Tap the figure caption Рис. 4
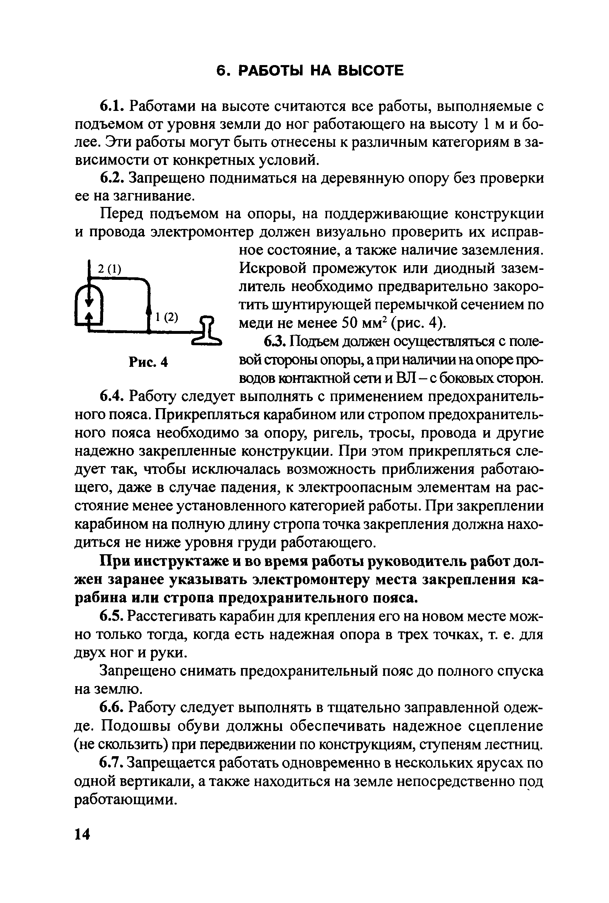pyautogui.click(x=148, y=362)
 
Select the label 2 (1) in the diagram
pyautogui.click(x=109, y=269)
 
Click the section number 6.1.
pyautogui.click(x=112, y=106)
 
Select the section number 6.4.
pyautogui.click(x=112, y=396)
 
